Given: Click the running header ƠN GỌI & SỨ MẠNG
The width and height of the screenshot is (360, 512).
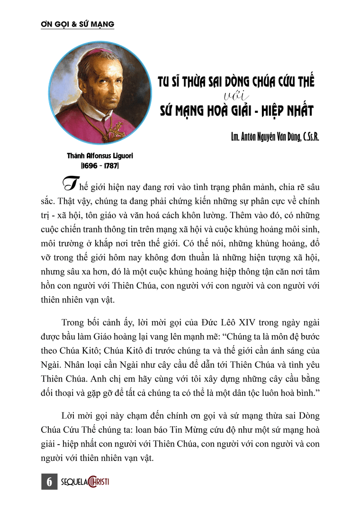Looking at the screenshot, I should [77, 23].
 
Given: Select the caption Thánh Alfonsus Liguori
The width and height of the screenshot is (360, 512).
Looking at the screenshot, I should [99, 155].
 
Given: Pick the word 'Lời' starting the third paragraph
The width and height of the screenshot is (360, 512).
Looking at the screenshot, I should [69, 416].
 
